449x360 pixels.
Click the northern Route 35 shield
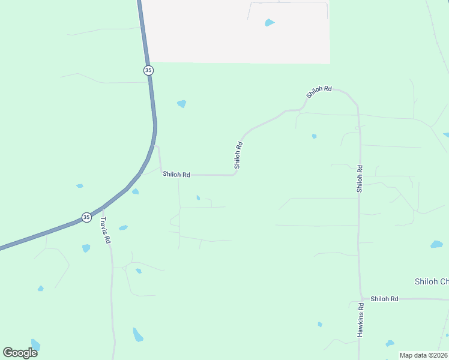click(148, 70)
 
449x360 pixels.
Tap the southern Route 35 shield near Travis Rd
click(86, 217)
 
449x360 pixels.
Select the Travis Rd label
click(106, 230)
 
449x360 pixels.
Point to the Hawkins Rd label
click(361, 319)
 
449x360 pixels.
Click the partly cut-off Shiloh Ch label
click(431, 281)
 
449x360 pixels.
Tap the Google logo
click(20, 352)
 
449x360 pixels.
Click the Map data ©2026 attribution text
click(423, 355)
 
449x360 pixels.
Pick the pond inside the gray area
click(270, 23)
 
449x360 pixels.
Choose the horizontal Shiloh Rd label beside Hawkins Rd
click(384, 298)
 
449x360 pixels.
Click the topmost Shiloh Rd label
click(319, 92)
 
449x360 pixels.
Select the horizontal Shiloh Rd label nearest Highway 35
click(176, 175)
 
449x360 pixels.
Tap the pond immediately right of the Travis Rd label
click(123, 228)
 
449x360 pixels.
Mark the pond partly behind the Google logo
click(35, 345)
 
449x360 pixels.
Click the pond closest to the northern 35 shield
click(181, 104)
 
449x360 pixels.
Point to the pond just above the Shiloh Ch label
click(436, 244)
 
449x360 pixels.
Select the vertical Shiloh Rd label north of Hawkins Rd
click(360, 178)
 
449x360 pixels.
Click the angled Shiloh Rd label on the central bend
click(238, 154)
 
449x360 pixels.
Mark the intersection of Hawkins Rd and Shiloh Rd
click(361, 298)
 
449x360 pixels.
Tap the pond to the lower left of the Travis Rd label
click(86, 248)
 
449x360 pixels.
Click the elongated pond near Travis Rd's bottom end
click(138, 334)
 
